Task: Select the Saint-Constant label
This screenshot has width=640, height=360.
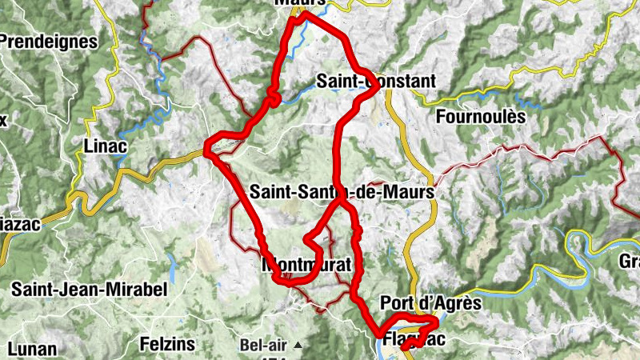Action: point(376,82)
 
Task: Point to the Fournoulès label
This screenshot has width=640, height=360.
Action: point(481,117)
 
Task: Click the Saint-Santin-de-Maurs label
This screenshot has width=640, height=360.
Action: point(342,193)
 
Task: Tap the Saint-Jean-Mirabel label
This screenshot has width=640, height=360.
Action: point(89,290)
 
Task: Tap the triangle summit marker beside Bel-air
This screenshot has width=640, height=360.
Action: point(298,346)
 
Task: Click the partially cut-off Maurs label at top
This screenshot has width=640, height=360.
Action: point(300,3)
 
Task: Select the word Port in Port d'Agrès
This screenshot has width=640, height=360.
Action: point(397,303)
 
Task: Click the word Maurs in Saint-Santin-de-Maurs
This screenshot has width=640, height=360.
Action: point(410,193)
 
